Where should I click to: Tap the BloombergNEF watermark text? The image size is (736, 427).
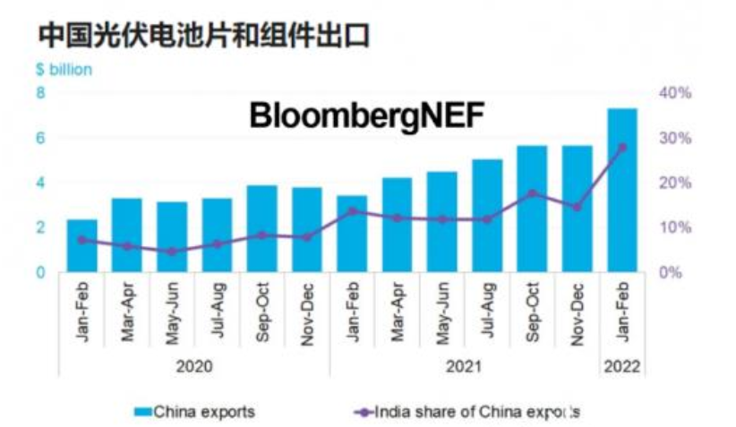367,116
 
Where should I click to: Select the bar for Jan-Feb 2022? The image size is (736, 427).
622,190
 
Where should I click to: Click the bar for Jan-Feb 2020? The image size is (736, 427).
82,245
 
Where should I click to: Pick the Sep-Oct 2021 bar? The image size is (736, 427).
532,209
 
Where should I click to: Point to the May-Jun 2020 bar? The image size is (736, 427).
172,236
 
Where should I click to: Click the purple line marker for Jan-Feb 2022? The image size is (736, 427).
622,148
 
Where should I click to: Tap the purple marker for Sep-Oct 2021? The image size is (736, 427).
532,193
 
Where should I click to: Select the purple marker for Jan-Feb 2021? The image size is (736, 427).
352,211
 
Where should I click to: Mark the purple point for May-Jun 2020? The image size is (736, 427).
172,252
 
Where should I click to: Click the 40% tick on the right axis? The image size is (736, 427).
675,92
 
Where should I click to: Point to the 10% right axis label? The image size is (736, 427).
675,227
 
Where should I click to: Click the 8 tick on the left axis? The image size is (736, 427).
41,92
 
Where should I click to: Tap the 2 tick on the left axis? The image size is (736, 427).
41,227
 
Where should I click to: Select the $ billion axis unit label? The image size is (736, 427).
64,70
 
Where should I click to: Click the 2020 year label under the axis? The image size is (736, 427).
194,367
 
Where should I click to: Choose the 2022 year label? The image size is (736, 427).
622,367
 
